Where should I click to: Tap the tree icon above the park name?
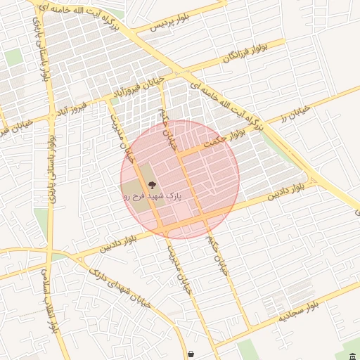point(153,186)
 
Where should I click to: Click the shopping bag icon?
point(191,354)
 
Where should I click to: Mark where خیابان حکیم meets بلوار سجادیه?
point(248,333)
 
